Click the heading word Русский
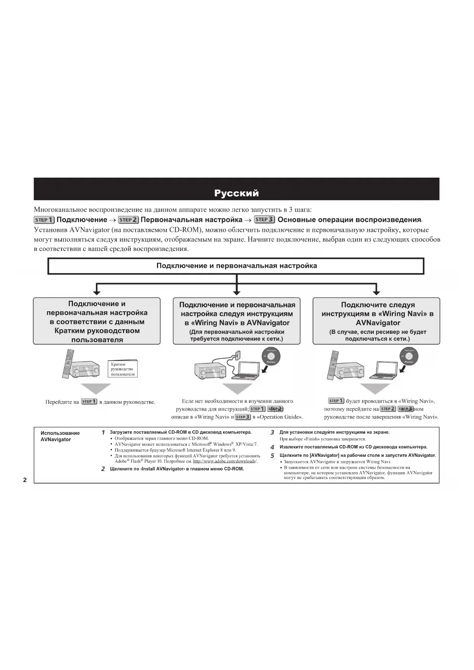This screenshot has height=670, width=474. pyautogui.click(x=236, y=193)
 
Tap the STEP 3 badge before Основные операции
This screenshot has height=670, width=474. pyautogui.click(x=264, y=219)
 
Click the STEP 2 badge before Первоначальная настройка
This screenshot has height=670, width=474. pyautogui.click(x=128, y=220)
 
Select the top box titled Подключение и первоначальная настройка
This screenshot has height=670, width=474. pyautogui.click(x=236, y=266)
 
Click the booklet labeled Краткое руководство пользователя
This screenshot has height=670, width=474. pyautogui.click(x=123, y=369)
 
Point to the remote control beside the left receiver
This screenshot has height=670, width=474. pyautogui.click(x=68, y=363)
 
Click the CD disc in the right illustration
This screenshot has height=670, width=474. pyautogui.click(x=409, y=357)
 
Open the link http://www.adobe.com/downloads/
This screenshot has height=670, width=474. pyautogui.click(x=225, y=461)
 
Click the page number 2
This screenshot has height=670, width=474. pyautogui.click(x=25, y=480)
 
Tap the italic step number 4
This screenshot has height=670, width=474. pyautogui.click(x=272, y=447)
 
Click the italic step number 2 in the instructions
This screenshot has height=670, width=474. pyautogui.click(x=103, y=469)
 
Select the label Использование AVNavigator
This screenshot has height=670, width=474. pyautogui.click(x=60, y=436)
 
